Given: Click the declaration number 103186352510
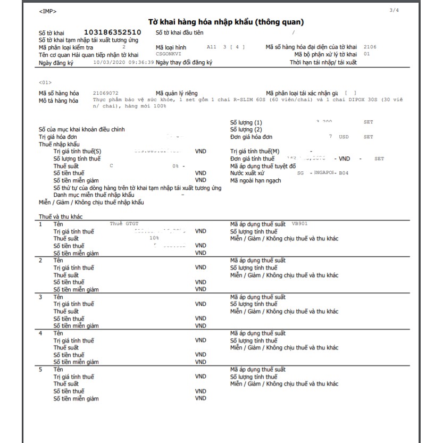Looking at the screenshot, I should point(112,32).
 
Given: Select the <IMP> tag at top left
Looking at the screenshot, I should point(47,11).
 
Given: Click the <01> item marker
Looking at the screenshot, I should point(45,82).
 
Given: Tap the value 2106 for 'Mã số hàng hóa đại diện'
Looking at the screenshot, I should point(370,47).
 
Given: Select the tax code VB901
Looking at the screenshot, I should point(300,224).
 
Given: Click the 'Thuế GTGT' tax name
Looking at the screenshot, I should point(124,224).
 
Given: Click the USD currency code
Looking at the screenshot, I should point(344,137).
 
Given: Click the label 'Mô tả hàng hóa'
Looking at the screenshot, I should point(58,101).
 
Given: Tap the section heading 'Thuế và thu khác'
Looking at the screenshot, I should point(61,217).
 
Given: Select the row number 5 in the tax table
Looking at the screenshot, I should point(41,369).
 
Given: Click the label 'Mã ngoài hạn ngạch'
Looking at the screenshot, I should point(255,181).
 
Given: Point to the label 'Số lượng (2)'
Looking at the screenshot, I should point(246,129).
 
